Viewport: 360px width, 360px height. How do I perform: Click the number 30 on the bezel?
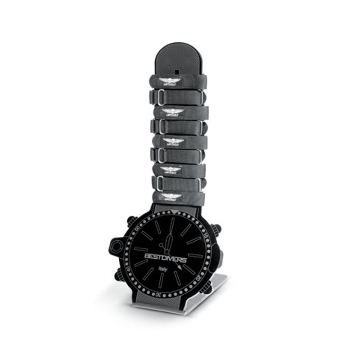click(x=158, y=293)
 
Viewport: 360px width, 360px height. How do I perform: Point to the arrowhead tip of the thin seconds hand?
click(x=181, y=267)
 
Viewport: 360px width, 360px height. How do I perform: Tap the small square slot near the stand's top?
click(x=177, y=72)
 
